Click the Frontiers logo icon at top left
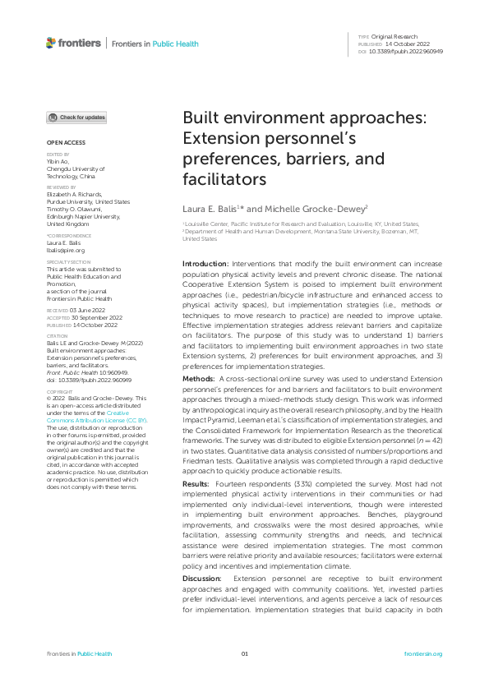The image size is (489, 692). point(51,43)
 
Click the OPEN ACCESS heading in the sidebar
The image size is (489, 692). point(62,142)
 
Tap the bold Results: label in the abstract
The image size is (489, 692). point(197,487)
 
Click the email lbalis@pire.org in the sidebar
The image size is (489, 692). point(66,250)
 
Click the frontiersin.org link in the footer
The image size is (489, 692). point(423,653)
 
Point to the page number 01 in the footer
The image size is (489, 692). point(244,653)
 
